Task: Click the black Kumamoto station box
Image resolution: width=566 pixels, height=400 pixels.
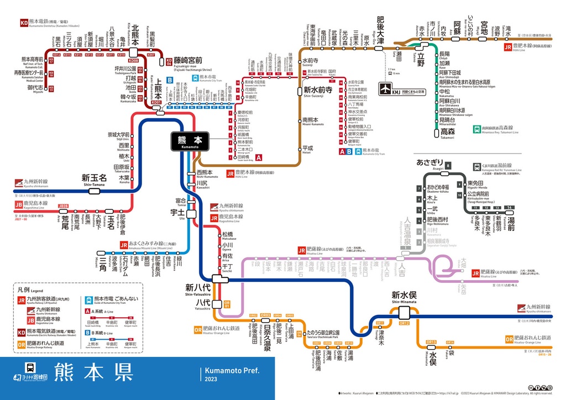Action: coord(190,141)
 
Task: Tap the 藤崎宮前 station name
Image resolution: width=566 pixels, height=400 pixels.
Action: coord(188,60)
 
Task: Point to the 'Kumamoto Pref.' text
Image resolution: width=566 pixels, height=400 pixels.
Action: coord(231,370)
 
